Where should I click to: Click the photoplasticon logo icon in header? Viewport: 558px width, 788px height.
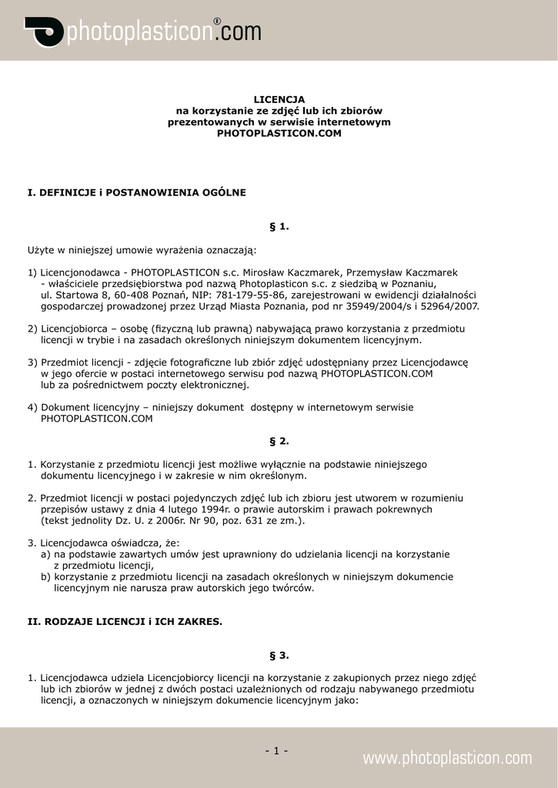(44, 32)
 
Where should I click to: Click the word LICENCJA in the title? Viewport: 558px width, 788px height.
(279, 99)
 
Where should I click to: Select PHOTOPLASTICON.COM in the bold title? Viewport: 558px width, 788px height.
(279, 133)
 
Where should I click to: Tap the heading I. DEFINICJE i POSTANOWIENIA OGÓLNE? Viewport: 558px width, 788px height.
(137, 192)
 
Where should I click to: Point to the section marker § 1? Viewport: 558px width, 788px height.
(279, 226)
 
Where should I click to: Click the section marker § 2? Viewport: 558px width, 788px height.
(279, 441)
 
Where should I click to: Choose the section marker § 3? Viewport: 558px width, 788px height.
(279, 655)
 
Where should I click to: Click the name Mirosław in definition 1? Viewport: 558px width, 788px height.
(266, 272)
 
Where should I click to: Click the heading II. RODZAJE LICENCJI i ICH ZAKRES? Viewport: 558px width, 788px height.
(125, 621)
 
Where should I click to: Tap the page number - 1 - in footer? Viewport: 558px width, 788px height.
(276, 750)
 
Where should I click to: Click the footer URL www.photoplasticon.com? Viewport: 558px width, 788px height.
(447, 758)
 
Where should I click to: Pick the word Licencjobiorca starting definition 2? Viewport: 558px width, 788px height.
(74, 329)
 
